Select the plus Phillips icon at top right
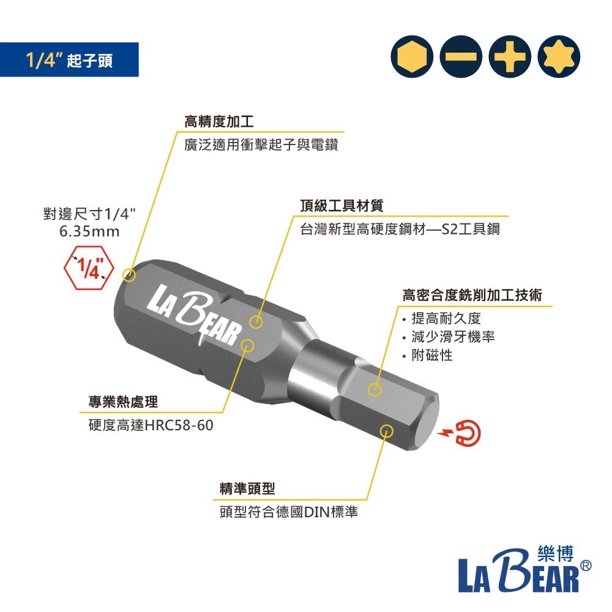(509, 59)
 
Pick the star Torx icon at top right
(558, 59)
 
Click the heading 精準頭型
(247, 488)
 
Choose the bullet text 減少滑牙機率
(453, 337)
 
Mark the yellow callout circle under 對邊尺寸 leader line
(129, 275)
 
